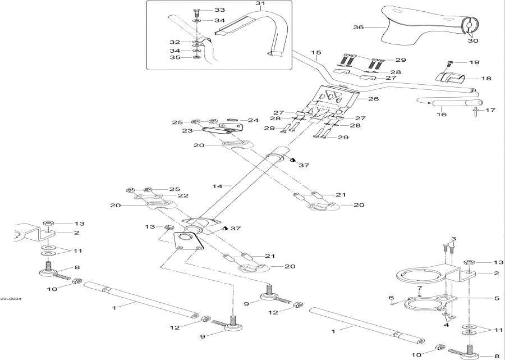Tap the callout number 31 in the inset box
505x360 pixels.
[260, 4]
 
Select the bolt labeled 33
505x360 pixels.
[195, 11]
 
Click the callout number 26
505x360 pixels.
[374, 99]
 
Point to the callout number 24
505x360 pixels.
[253, 120]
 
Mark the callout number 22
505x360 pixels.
[183, 195]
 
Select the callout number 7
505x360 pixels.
[419, 289]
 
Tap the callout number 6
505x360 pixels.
[391, 298]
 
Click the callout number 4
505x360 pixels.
[446, 325]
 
